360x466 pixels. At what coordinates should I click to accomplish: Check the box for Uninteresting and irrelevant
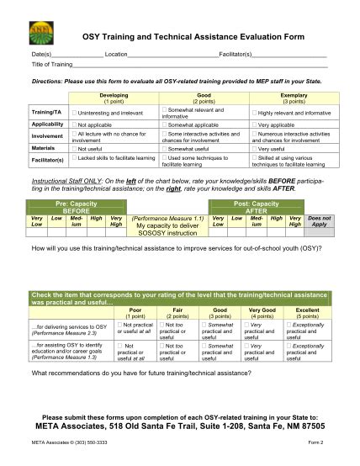click(x=75, y=112)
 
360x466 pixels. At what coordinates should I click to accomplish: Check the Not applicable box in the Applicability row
click(x=75, y=124)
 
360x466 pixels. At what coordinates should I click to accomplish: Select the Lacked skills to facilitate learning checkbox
click(x=75, y=157)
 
